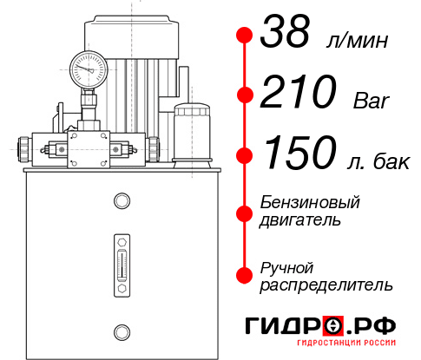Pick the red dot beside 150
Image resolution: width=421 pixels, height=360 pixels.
245,154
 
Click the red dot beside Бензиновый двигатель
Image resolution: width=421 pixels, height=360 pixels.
245,212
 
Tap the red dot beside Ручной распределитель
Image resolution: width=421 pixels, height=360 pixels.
245,275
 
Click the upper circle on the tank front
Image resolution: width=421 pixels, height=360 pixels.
122,201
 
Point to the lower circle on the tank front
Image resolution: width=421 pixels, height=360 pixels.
122,330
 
